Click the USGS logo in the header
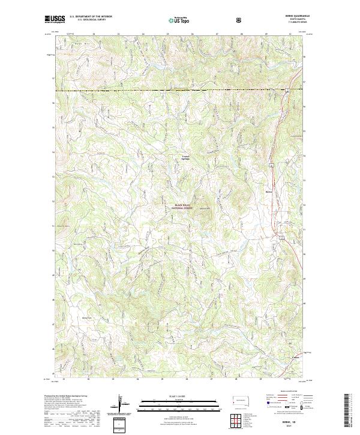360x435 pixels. (x=55, y=19)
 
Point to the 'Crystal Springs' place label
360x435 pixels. (x=185, y=158)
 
